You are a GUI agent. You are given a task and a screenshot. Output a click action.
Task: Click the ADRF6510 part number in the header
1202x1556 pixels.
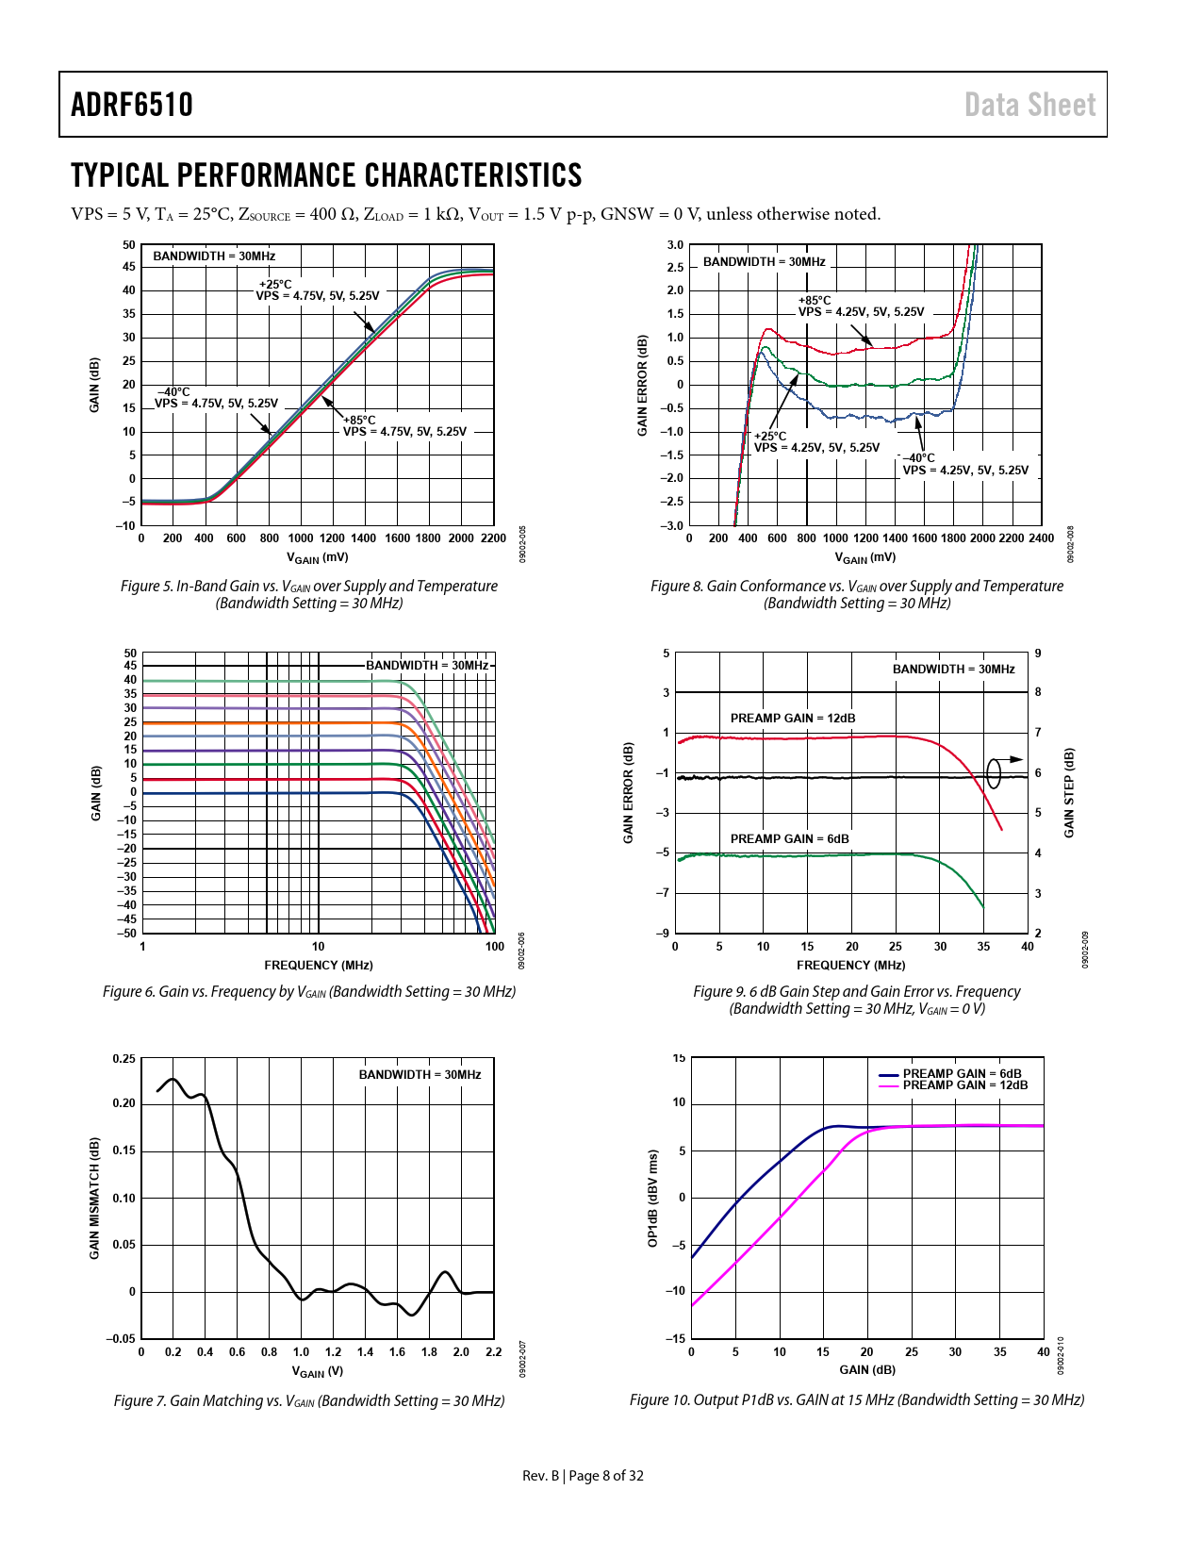point(132,105)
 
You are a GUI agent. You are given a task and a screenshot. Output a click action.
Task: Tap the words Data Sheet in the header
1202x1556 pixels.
point(1029,105)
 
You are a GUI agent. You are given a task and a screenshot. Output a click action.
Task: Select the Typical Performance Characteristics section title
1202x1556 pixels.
point(326,175)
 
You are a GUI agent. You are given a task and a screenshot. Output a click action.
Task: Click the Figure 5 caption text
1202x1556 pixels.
point(309,594)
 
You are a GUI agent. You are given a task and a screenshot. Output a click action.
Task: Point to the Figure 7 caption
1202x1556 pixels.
point(309,1400)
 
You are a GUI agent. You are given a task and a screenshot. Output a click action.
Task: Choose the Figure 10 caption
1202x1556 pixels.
point(857,1399)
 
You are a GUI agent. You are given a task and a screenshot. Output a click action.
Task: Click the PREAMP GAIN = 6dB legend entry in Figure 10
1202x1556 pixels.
point(962,1073)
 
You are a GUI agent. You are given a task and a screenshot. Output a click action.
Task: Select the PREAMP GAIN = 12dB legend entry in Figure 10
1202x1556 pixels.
point(965,1085)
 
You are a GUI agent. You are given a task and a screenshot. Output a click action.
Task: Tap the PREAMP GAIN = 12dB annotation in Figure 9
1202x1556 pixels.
point(793,718)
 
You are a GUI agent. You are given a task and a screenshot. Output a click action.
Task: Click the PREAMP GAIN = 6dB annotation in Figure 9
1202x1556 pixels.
point(789,838)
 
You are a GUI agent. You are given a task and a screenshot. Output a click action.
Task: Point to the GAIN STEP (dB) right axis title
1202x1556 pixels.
point(1069,792)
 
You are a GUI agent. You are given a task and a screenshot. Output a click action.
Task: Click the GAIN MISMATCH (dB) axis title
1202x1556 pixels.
point(94,1198)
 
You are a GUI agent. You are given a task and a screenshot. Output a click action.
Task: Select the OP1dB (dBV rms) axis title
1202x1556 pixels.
point(652,1198)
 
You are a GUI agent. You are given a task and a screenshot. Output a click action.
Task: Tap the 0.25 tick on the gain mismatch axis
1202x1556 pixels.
point(123,1058)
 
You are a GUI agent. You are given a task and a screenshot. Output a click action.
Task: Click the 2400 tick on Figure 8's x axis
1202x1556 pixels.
point(1041,538)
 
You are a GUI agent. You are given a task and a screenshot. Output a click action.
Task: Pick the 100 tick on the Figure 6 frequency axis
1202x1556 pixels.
point(495,946)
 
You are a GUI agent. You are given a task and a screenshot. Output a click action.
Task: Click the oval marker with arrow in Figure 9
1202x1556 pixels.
point(995,772)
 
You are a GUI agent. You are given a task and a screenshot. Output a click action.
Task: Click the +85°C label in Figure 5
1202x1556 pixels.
point(359,420)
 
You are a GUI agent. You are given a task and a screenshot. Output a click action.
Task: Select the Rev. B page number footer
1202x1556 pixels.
point(583,1476)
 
